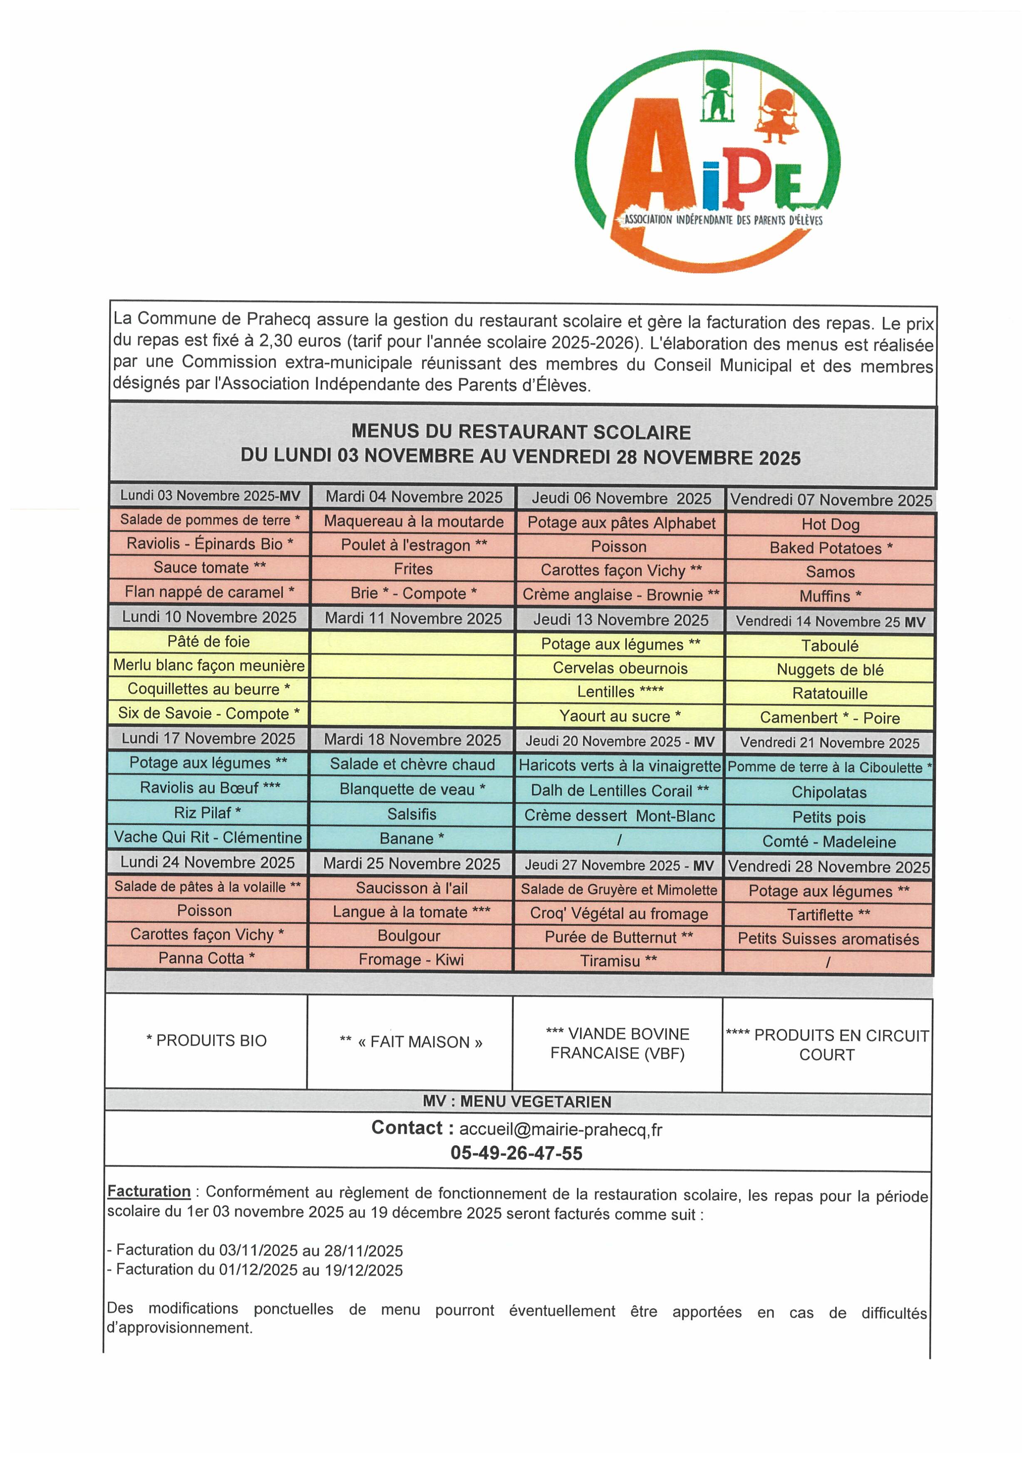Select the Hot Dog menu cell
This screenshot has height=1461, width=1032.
point(830,524)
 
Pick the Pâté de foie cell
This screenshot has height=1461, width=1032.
point(208,641)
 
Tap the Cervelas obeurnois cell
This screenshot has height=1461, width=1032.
point(620,668)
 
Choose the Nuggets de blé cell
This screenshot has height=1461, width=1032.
point(830,669)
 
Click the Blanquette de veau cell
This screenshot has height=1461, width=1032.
point(412,789)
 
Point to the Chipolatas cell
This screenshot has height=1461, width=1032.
point(829,792)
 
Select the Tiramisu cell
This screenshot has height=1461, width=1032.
point(618,960)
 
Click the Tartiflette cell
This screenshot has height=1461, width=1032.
point(829,915)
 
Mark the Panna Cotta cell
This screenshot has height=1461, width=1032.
point(207,957)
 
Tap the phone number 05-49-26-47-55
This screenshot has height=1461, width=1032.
point(516,1153)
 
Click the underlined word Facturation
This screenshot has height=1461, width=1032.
point(149,1191)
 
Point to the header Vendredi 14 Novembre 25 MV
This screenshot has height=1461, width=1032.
point(830,622)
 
